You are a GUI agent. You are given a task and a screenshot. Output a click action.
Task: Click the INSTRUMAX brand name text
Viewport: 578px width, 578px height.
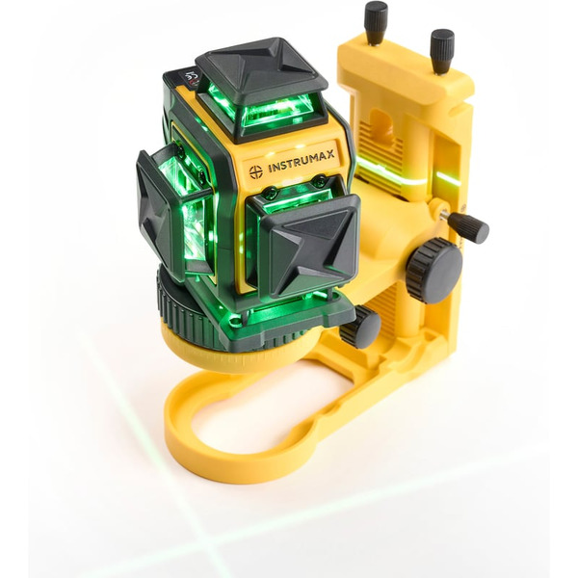pos(302,161)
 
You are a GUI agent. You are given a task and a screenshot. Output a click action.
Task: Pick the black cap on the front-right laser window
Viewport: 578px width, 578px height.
pos(308,248)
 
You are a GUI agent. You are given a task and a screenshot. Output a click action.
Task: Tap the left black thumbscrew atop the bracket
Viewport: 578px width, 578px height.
pos(376,22)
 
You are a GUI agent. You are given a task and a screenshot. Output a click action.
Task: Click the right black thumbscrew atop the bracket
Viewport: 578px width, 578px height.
pos(442,51)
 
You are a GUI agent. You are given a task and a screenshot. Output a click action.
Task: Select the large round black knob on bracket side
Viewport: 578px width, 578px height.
pos(435,270)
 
